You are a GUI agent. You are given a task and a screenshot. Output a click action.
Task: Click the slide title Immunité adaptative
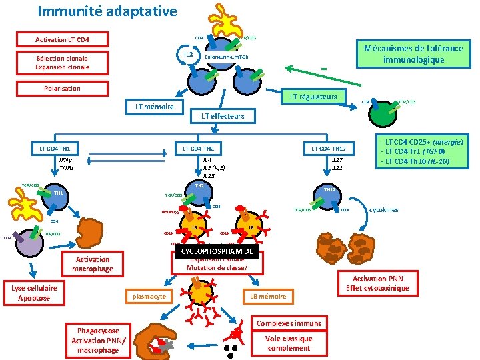(107, 11)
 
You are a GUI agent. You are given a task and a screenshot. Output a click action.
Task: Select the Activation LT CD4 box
(62, 39)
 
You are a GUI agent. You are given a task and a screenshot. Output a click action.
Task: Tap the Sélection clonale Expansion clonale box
(62, 63)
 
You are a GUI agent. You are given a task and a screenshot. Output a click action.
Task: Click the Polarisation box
(62, 88)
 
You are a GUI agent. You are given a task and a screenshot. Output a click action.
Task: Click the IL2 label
(188, 53)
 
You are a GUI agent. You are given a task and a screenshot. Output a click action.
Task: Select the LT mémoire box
(155, 107)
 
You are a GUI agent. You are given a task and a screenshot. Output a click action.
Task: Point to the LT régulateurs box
(313, 97)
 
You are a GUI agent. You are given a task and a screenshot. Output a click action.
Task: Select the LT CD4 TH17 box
(329, 147)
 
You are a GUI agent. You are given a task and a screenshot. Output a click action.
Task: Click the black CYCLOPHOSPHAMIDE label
(217, 251)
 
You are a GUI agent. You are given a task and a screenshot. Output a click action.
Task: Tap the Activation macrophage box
(93, 264)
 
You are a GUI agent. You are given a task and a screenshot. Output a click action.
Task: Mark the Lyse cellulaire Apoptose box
(34, 293)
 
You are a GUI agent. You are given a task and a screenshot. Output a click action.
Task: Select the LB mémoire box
(268, 296)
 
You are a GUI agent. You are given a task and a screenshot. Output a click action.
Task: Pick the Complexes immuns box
(289, 323)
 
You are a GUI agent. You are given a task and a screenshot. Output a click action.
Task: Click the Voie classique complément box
(289, 343)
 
